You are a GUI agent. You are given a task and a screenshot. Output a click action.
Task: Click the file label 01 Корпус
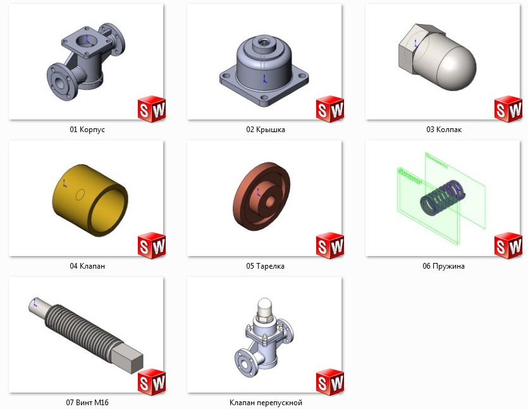pos(87,130)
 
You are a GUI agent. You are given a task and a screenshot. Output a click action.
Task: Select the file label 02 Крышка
pos(266,130)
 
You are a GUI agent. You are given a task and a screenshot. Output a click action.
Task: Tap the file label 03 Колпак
pos(444,130)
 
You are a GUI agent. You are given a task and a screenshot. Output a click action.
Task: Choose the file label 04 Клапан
pos(87,266)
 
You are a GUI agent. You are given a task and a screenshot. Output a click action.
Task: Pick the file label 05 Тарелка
pos(265,266)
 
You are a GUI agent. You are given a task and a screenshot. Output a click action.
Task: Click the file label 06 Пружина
pos(443,266)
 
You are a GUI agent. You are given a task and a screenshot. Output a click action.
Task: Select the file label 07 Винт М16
pos(87,402)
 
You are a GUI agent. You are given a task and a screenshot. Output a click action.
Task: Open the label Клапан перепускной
pos(266,403)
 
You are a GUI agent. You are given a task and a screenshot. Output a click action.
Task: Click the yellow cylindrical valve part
pos(90,200)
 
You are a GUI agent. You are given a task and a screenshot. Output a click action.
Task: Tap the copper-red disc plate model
pos(261,197)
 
